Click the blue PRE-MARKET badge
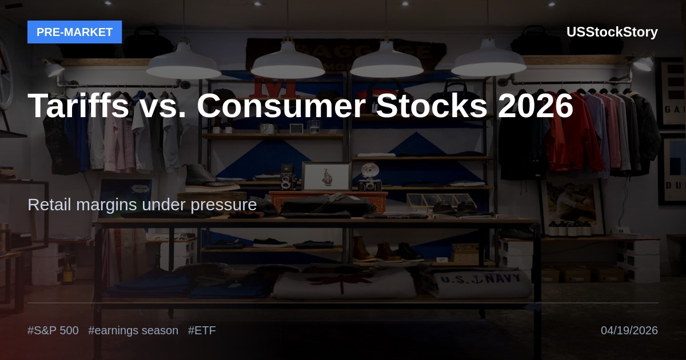coord(75,32)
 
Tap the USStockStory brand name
coord(612,32)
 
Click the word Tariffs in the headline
coord(78,105)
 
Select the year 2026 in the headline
coord(535,105)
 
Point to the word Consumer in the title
coord(281,105)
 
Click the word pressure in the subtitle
coord(224,205)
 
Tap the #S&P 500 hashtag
coord(53,331)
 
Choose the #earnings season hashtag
coord(133,331)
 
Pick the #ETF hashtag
coord(202,331)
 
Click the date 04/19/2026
coord(629,331)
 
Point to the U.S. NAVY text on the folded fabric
coord(480,279)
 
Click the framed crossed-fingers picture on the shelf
coord(326,176)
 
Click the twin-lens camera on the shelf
coord(288,177)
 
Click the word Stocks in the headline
coord(432,105)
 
